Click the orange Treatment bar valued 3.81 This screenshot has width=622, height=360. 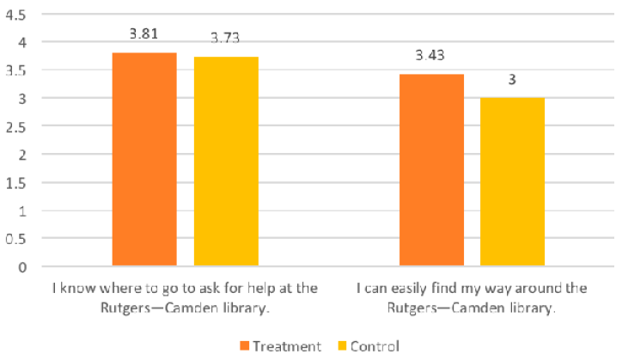click(144, 160)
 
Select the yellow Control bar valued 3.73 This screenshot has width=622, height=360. click(226, 162)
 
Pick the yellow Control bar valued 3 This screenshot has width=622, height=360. click(512, 182)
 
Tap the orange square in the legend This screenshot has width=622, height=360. click(246, 346)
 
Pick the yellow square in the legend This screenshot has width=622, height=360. click(331, 346)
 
